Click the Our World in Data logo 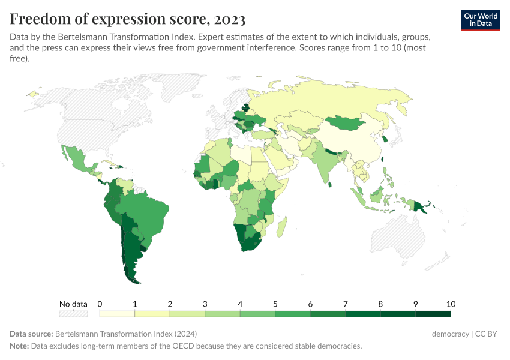(x=481, y=20)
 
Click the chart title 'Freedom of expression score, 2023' (x=128, y=19)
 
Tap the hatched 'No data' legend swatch (x=73, y=313)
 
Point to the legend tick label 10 (x=451, y=304)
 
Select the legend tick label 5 (x=275, y=304)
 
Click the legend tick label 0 (x=100, y=304)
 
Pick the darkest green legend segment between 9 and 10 (x=433, y=313)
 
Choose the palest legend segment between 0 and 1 (x=117, y=313)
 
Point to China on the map (x=354, y=144)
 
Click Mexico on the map (x=75, y=159)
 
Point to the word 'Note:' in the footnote (x=20, y=346)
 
